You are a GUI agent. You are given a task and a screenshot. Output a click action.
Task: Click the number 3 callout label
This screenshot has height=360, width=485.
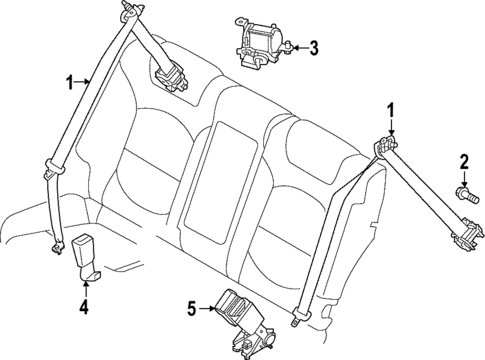(313, 46)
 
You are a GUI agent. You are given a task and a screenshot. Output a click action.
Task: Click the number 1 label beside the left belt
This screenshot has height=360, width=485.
(69, 85)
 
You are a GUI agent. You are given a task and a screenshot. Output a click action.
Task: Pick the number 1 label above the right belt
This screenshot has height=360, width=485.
(391, 110)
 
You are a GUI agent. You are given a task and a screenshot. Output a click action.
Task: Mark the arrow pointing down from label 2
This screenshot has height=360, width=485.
(464, 176)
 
